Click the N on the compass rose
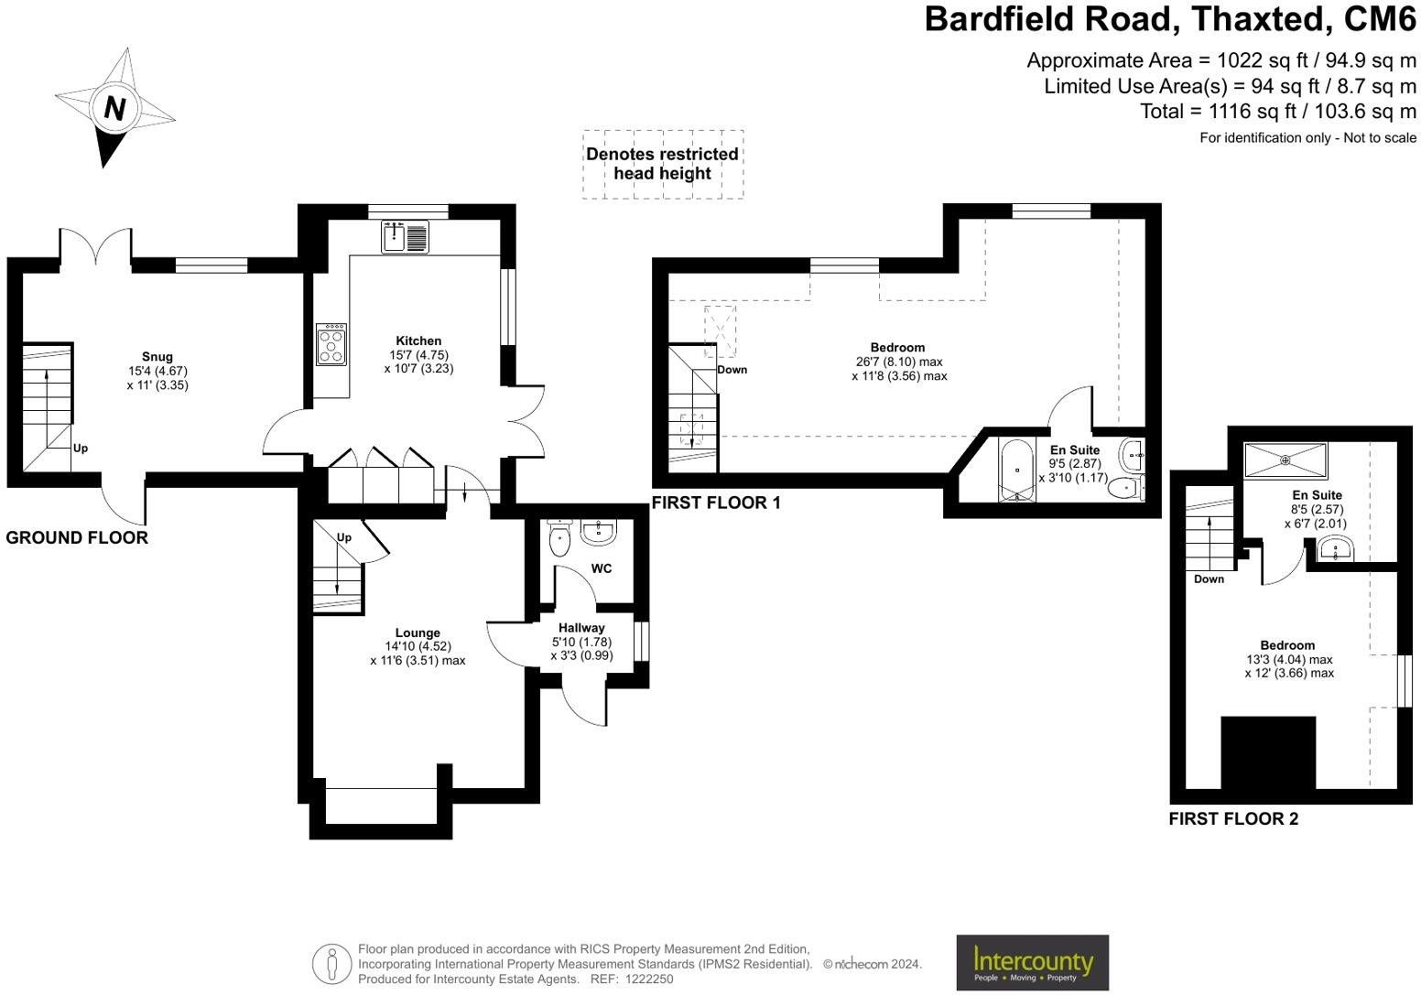point(114,108)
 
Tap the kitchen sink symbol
point(405,236)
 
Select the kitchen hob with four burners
point(331,344)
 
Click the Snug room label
point(157,357)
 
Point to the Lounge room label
point(418,633)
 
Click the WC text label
point(602,568)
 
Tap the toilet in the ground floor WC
point(559,538)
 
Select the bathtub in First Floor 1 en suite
point(1016,470)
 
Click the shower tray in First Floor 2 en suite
point(1285,460)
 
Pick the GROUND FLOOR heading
point(77,538)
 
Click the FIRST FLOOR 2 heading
point(1233,819)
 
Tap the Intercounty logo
point(1032,962)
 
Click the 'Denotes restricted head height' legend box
point(663,164)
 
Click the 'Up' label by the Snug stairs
point(81,449)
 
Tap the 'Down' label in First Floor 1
point(732,370)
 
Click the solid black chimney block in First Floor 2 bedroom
point(1268,752)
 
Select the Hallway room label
point(581,628)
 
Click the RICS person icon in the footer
point(331,964)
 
